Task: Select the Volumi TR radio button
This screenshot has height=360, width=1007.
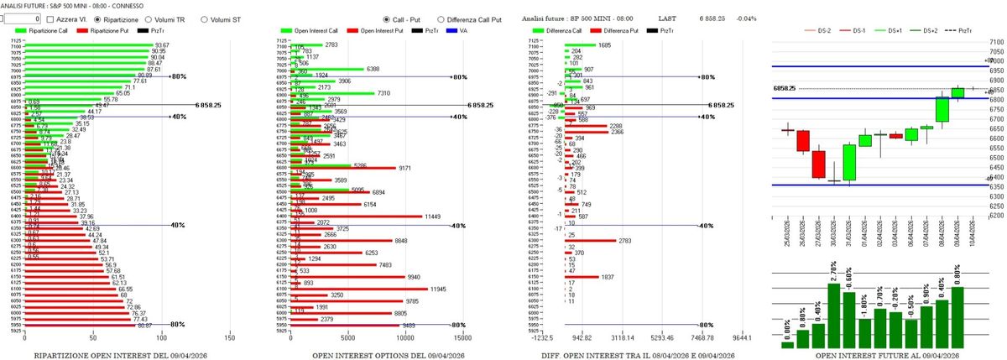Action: coord(149,18)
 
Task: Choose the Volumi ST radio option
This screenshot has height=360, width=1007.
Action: coord(204,18)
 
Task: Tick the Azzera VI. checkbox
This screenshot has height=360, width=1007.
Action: coord(50,18)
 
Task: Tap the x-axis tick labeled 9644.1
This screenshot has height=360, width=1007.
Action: coord(740,339)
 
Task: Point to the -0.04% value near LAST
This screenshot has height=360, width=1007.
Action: coord(746,18)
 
